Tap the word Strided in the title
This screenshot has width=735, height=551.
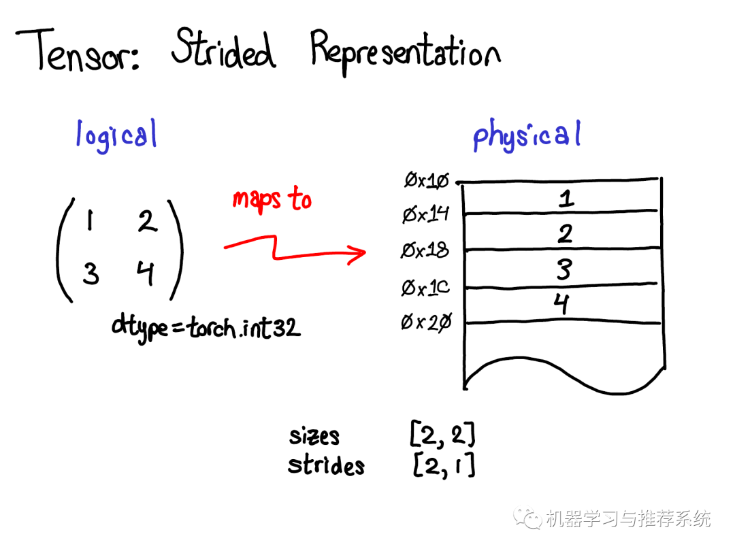click(x=224, y=48)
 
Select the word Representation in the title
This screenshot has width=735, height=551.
click(x=406, y=52)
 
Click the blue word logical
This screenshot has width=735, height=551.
click(x=116, y=135)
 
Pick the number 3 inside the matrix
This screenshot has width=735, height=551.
click(x=91, y=273)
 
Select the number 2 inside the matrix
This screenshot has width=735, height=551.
click(x=147, y=221)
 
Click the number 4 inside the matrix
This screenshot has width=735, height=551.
click(x=146, y=273)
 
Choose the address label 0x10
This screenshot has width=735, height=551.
click(x=427, y=180)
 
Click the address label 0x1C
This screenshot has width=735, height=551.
click(x=425, y=287)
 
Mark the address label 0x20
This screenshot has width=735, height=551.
click(x=426, y=322)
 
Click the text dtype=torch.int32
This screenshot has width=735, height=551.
click(x=206, y=327)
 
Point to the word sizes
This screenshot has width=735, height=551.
click(x=314, y=436)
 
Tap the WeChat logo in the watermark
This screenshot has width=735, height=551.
click(x=527, y=518)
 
